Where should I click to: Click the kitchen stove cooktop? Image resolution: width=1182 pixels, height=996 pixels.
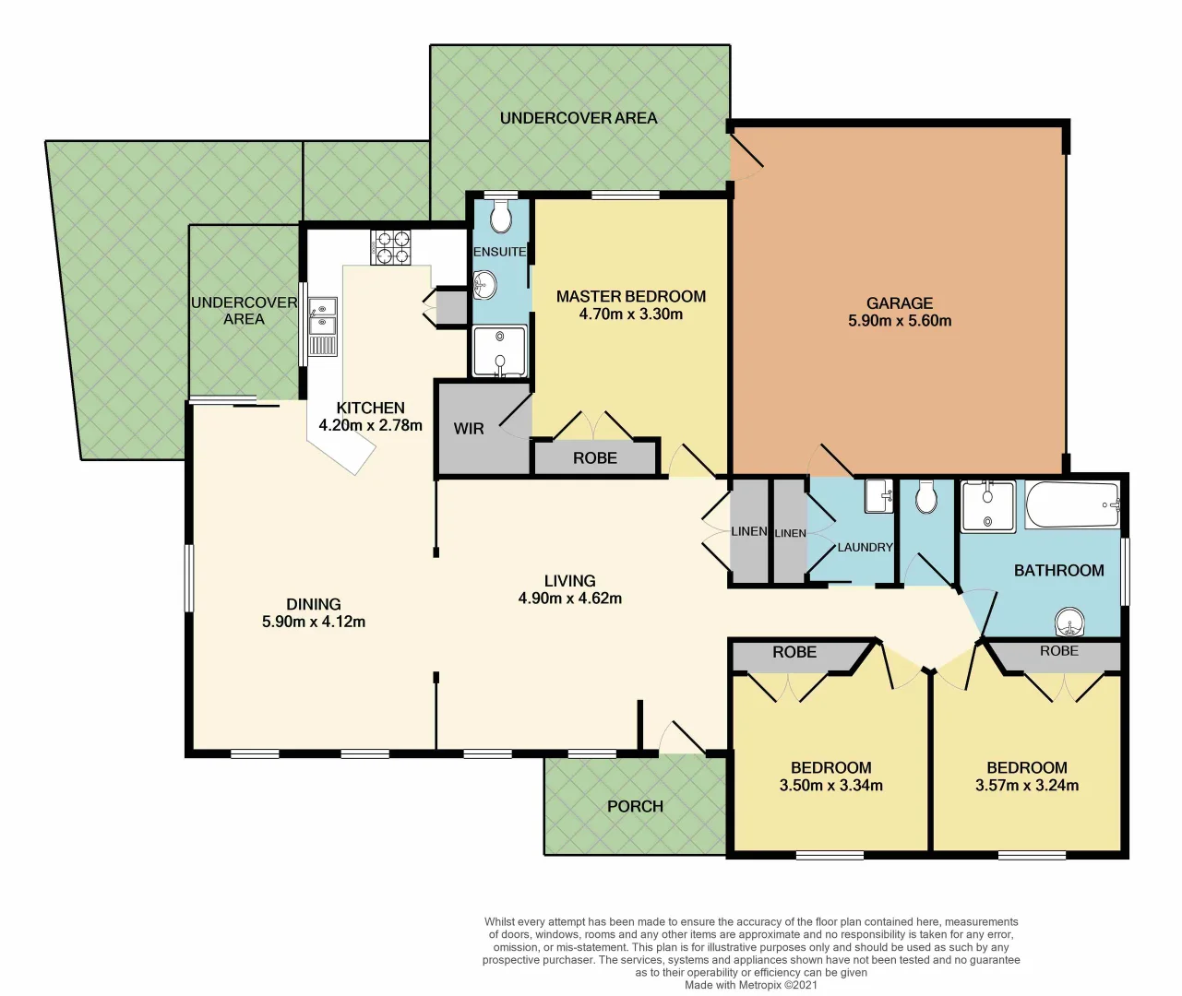pos(390,246)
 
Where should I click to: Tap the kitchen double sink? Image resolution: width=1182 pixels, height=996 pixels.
pos(322,316)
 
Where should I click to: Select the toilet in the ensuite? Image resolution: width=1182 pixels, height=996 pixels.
pos(501,219)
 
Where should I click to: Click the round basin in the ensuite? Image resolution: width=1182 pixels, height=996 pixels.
pos(484,286)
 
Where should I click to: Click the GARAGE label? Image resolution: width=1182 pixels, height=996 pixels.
pos(900,303)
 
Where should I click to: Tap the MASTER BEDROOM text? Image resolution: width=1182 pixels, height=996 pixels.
pos(631,297)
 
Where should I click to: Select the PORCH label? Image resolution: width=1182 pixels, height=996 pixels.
pos(635,806)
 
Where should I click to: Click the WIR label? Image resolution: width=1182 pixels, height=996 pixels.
pos(469,429)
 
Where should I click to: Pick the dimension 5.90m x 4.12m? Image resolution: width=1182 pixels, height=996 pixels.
pos(314,622)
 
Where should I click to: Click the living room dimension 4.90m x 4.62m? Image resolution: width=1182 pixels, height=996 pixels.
pos(569,599)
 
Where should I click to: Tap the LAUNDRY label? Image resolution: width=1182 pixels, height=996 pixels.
pos(865,547)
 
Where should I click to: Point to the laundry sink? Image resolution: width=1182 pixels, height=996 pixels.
pos(878,496)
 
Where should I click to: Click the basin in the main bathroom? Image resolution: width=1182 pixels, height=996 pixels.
pos(1070,623)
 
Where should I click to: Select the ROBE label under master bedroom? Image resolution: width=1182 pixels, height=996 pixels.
pos(594,458)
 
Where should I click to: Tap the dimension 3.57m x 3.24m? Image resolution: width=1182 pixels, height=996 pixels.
pos(1027,786)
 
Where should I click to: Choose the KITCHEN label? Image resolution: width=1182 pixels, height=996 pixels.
pos(370,408)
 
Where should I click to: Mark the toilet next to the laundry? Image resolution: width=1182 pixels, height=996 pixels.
pos(926,498)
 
